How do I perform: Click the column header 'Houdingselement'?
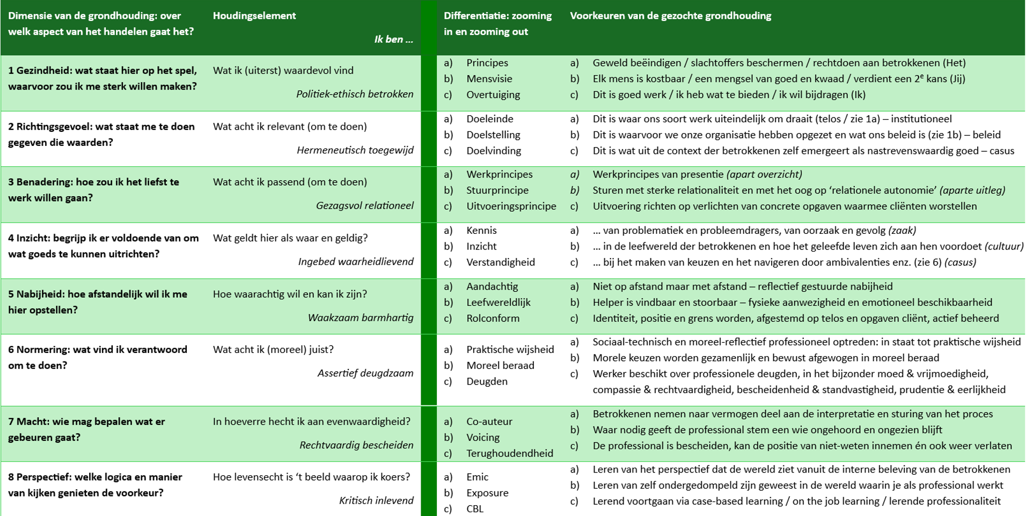[254, 16]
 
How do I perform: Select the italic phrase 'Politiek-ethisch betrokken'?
[355, 94]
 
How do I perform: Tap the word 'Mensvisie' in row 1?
[489, 78]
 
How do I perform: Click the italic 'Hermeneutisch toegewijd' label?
[355, 150]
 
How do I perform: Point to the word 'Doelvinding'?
[493, 151]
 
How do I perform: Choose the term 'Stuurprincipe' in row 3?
[497, 190]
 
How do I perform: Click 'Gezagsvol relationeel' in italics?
[364, 205]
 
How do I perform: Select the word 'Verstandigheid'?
[500, 262]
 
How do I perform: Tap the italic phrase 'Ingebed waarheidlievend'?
[355, 261]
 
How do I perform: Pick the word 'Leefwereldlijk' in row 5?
[498, 302]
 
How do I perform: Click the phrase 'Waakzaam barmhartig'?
[360, 318]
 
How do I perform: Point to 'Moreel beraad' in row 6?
[500, 365]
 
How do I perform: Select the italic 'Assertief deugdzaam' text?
[365, 373]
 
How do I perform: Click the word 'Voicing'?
[482, 437]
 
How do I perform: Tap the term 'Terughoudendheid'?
[509, 453]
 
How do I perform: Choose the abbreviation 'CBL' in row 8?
[475, 508]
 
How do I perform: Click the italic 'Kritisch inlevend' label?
[376, 500]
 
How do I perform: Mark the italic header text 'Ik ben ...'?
[393, 39]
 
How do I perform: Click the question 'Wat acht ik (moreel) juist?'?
[273, 349]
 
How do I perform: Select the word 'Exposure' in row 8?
[487, 492]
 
